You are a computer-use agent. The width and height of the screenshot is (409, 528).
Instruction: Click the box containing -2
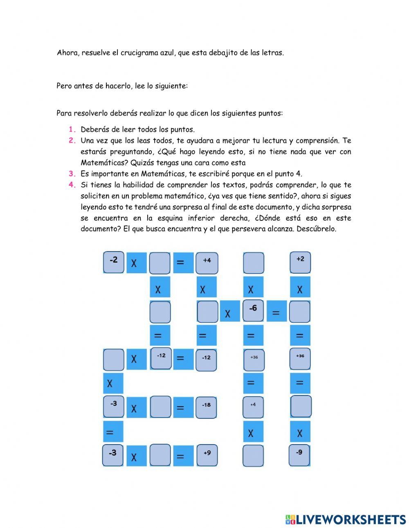pyautogui.click(x=113, y=262)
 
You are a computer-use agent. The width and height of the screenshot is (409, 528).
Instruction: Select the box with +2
pyautogui.click(x=300, y=262)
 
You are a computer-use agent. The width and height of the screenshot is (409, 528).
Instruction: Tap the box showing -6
pyautogui.click(x=253, y=311)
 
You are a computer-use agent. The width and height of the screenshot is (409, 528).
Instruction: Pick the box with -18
pyautogui.click(x=206, y=407)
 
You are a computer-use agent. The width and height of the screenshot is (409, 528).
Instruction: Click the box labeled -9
pyautogui.click(x=299, y=455)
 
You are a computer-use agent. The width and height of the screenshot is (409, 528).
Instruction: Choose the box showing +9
pyautogui.click(x=207, y=455)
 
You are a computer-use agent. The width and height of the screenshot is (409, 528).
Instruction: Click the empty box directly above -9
pyautogui.click(x=301, y=407)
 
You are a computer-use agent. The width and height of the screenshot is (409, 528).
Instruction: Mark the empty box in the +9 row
pyautogui.click(x=160, y=455)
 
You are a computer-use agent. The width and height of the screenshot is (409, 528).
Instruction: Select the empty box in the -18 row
pyautogui.click(x=160, y=407)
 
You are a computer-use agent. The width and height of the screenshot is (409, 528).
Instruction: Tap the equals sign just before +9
pyautogui.click(x=180, y=456)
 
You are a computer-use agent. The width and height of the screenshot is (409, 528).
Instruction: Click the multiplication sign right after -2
pyautogui.click(x=134, y=263)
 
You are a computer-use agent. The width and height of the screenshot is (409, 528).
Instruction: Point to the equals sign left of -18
pyautogui.click(x=180, y=408)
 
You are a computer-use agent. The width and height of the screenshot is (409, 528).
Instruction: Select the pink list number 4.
pyautogui.click(x=72, y=185)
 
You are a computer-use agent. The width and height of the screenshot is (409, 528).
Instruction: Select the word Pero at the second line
pyautogui.click(x=64, y=86)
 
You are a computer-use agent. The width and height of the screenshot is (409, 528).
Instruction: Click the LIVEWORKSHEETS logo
pyautogui.click(x=346, y=519)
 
